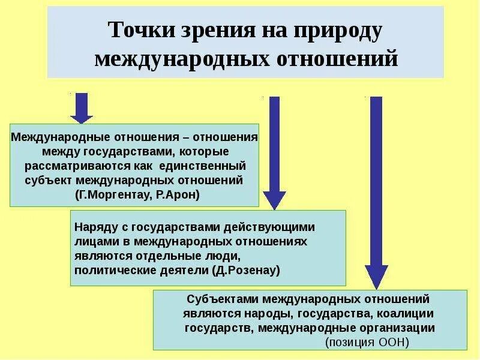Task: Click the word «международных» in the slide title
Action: (174, 59)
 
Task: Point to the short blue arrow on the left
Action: (82, 109)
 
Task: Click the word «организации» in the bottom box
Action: (403, 328)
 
